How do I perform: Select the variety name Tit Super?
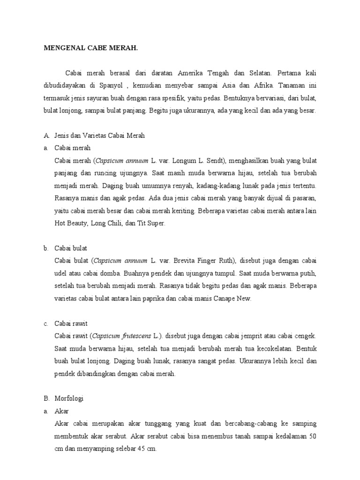point(152,224)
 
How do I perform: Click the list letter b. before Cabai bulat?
point(46,248)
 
